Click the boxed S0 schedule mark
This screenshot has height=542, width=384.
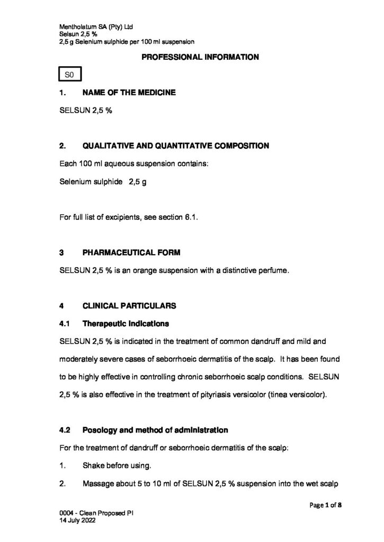click(x=69, y=75)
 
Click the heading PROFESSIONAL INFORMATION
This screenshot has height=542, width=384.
click(x=199, y=57)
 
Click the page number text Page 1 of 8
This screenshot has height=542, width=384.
click(x=325, y=504)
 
